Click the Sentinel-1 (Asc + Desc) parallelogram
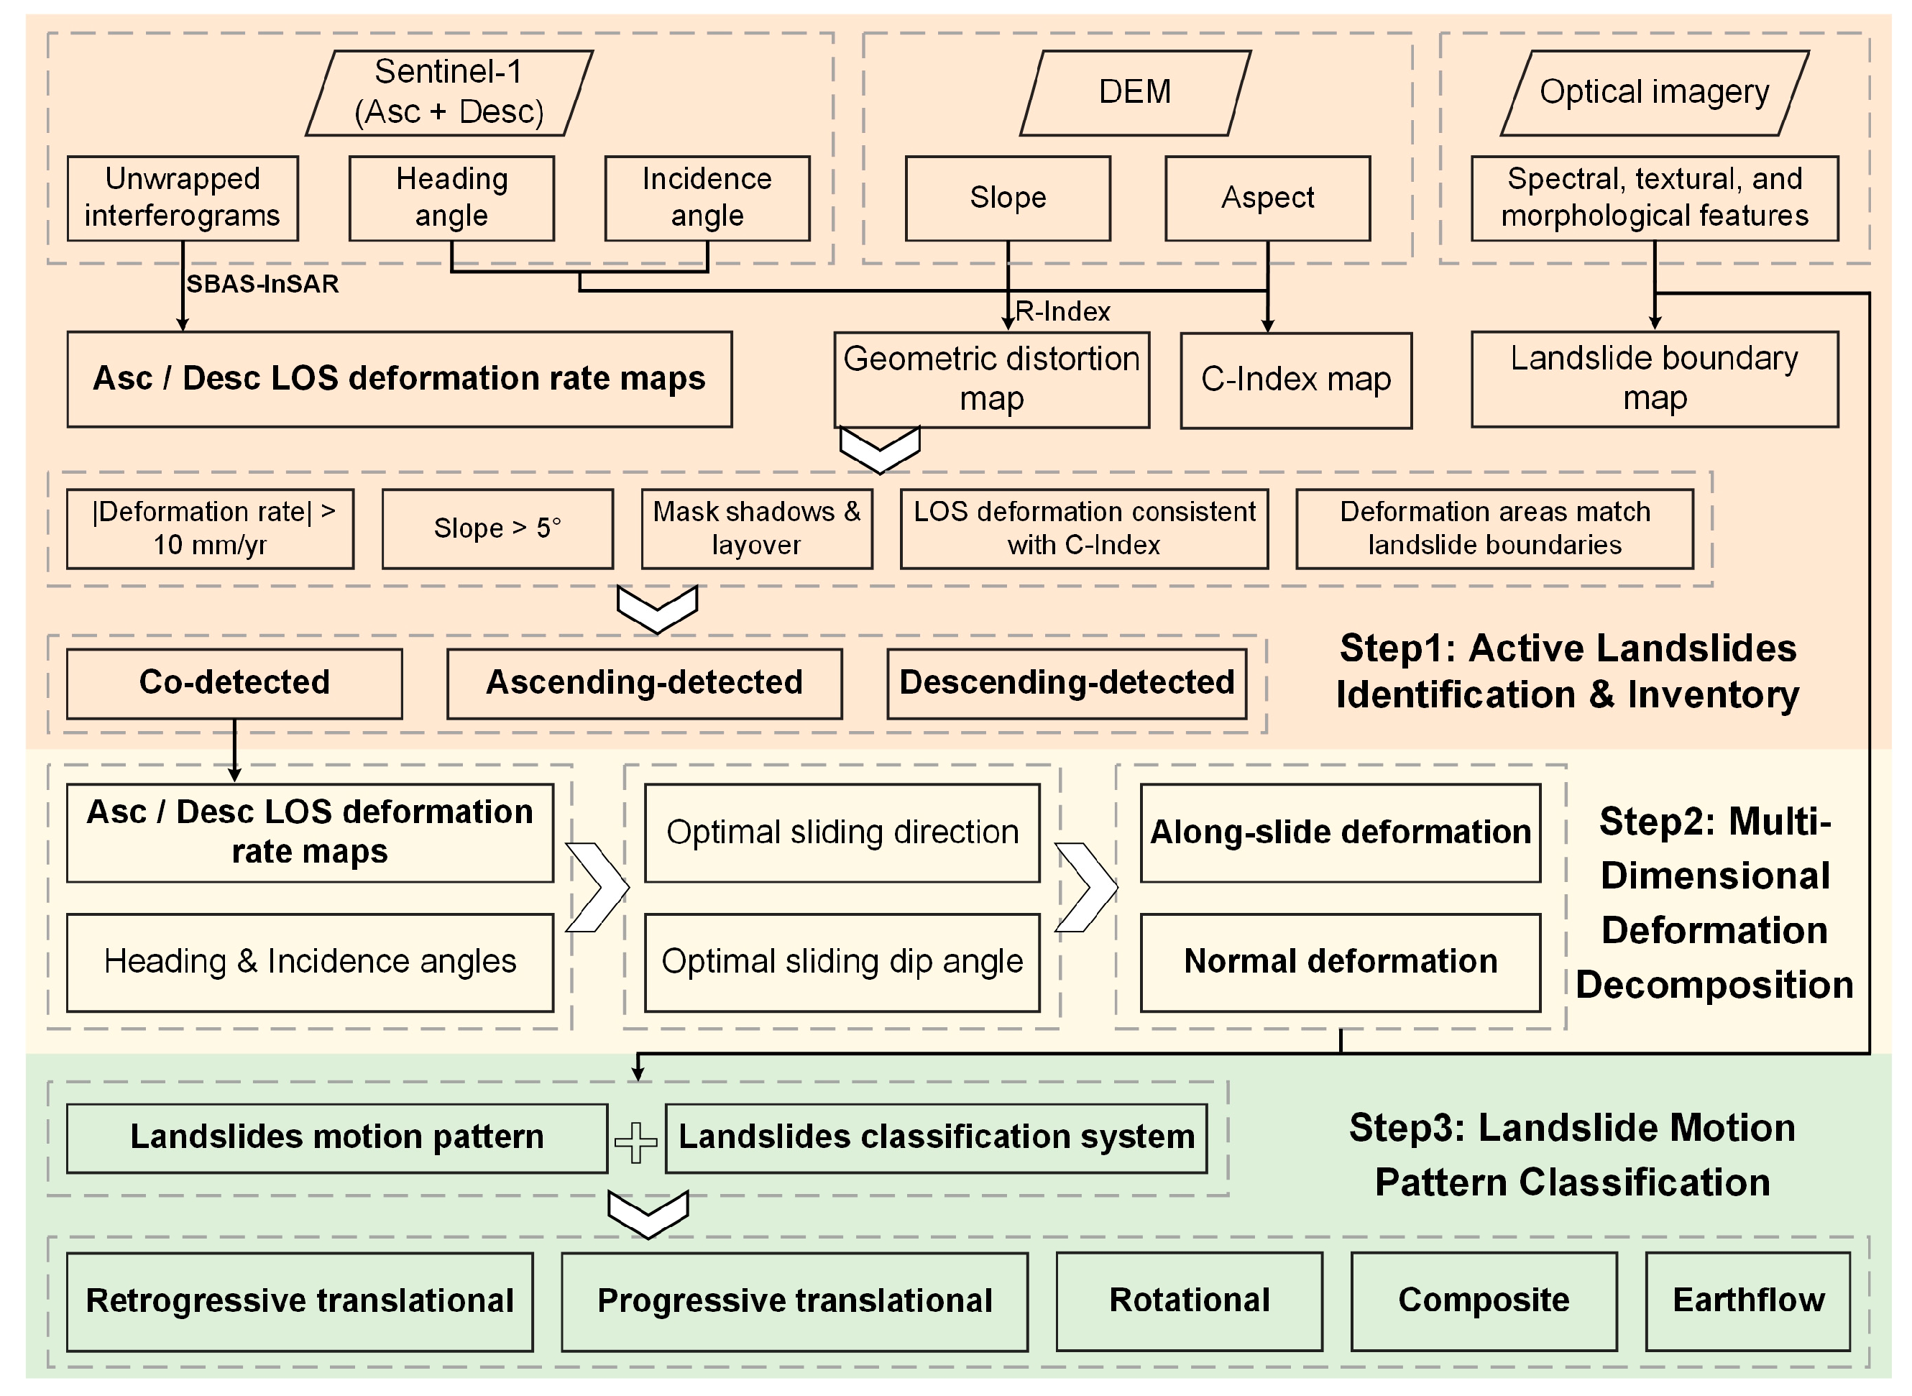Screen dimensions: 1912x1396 coord(449,93)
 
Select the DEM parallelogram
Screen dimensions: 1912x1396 coord(1135,93)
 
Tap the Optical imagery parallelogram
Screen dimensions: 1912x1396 coord(1654,93)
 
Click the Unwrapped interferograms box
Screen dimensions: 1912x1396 coord(183,198)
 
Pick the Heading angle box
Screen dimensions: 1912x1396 coord(452,198)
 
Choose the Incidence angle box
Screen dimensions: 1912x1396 coord(707,198)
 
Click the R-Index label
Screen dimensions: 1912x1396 coord(1063,312)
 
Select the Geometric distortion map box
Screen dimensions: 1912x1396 coord(992,380)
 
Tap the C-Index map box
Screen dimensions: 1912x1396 coord(1296,380)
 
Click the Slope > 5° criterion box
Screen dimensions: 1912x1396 coord(497,529)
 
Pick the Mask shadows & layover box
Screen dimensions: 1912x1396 coord(757,529)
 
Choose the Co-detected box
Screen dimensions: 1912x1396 coord(235,684)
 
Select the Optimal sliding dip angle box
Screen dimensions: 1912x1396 coord(842,963)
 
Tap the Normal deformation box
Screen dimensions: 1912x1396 coord(1341,963)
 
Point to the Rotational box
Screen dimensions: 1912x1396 coord(1190,1301)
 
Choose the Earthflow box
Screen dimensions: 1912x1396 coord(1748,1301)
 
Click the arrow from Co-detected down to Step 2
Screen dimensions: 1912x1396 coord(235,750)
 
